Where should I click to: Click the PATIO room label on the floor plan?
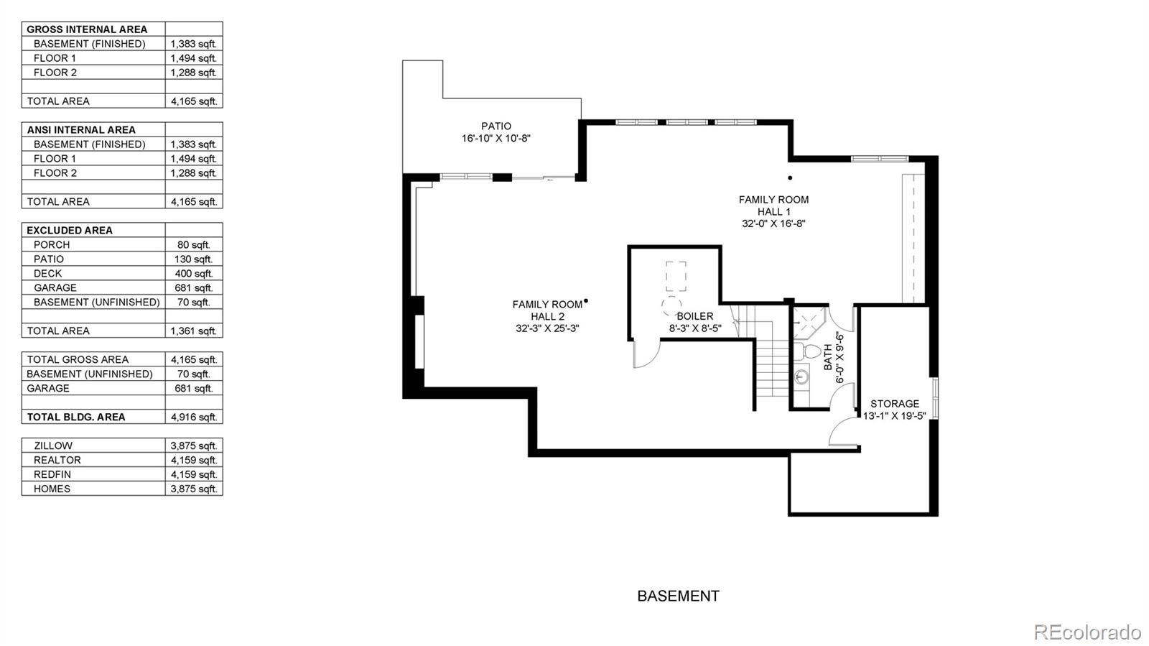[496, 126]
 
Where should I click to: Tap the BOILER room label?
[694, 316]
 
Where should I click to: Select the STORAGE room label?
[894, 404]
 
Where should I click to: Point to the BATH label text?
[828, 357]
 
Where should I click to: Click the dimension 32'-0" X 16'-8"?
[773, 223]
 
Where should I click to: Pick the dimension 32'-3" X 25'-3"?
[547, 328]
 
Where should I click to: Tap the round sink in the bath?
[802, 376]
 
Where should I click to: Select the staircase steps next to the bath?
[773, 366]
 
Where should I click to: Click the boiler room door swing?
[646, 354]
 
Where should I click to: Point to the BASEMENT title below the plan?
[678, 596]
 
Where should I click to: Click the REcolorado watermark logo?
[1087, 632]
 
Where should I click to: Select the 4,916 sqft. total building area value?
[193, 417]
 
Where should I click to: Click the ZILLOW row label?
[52, 446]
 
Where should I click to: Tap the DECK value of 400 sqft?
[193, 273]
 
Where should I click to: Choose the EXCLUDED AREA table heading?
[70, 230]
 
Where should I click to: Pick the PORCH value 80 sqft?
[193, 244]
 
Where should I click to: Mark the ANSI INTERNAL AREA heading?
[81, 129]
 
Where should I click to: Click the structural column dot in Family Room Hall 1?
[790, 177]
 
